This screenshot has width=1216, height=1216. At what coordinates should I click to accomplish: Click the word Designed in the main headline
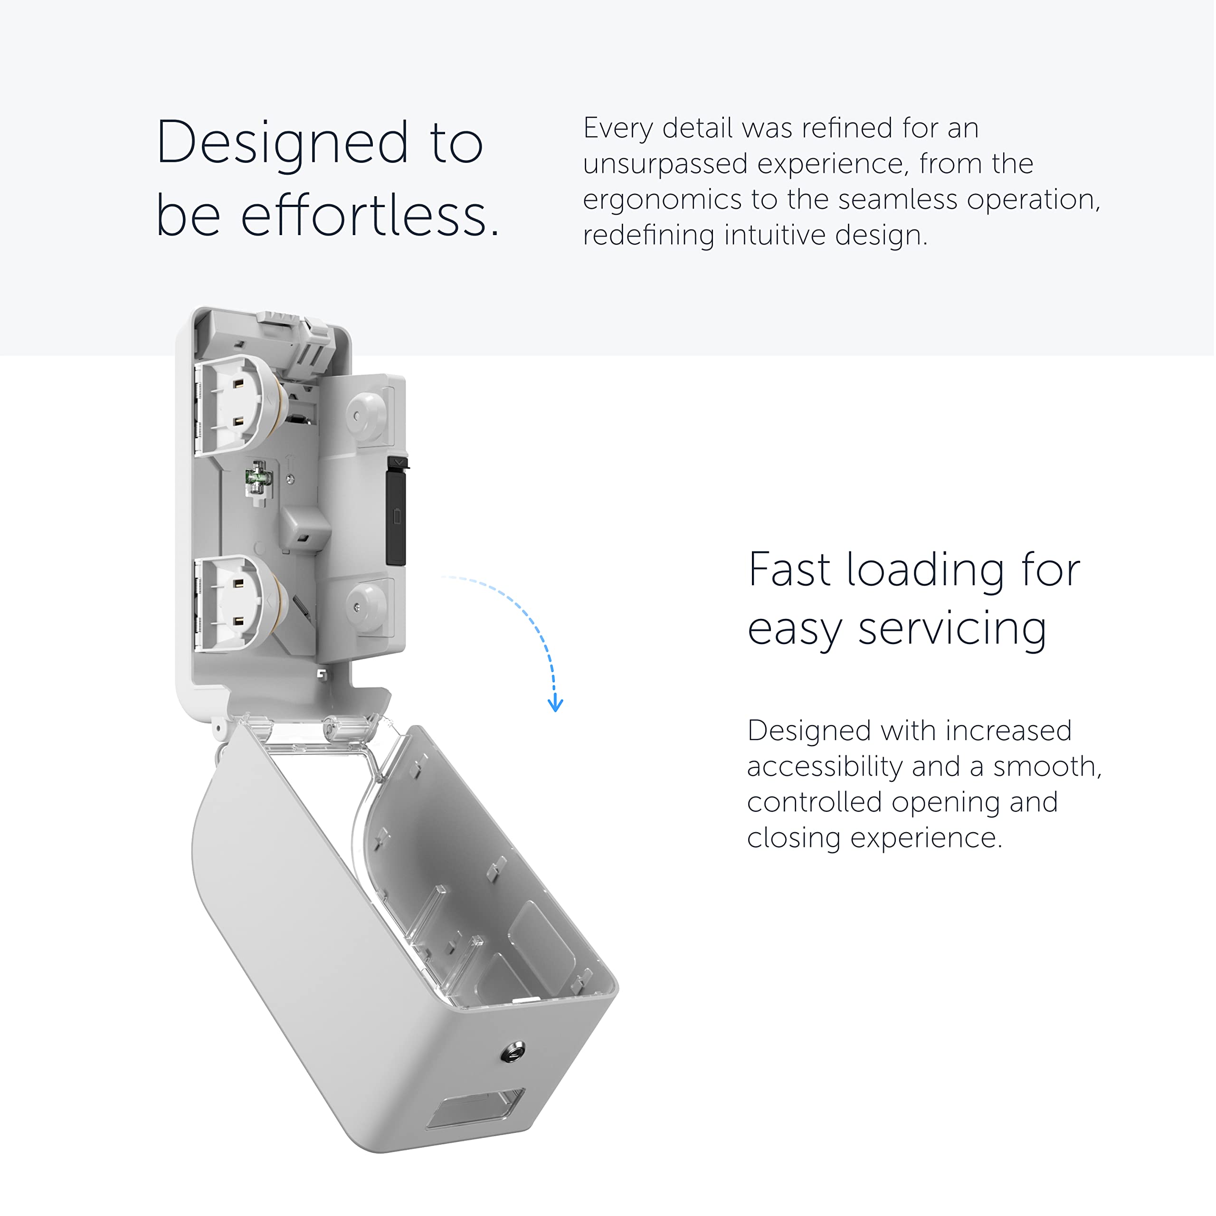coord(282,143)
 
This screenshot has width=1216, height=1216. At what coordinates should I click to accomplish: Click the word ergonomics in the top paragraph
coord(662,200)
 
